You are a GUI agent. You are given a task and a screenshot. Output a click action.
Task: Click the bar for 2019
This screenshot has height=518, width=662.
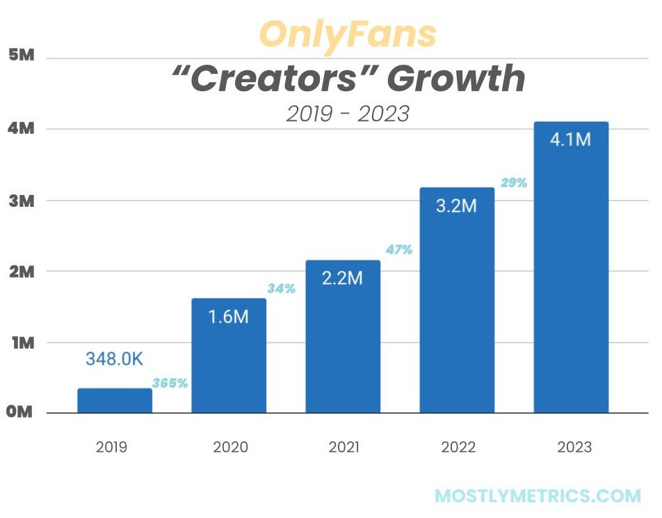(115, 400)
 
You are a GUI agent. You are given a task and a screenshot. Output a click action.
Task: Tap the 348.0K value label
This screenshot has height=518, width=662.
(115, 359)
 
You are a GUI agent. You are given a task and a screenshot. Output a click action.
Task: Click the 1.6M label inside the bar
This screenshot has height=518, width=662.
(229, 316)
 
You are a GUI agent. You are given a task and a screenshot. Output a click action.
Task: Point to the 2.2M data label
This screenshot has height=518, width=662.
(342, 278)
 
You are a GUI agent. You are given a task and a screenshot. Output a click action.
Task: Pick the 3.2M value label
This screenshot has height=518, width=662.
(457, 206)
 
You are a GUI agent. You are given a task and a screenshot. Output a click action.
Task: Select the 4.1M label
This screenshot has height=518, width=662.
(571, 139)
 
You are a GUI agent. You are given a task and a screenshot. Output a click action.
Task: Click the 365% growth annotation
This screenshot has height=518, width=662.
(170, 383)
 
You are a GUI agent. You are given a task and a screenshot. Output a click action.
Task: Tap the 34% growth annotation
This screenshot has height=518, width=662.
(282, 288)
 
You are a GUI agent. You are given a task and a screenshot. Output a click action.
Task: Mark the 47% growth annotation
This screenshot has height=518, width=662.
(399, 249)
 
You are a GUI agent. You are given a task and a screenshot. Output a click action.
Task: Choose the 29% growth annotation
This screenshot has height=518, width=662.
(514, 183)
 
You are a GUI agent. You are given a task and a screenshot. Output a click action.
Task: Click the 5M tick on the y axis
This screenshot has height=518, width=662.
(21, 56)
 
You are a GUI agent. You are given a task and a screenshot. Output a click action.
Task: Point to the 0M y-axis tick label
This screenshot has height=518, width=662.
(20, 412)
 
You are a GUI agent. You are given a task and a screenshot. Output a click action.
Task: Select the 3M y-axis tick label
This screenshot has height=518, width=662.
(21, 201)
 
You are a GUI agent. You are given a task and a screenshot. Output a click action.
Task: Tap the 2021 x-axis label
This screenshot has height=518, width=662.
(343, 447)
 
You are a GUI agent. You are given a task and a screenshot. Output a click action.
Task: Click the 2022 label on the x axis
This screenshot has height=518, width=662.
(458, 447)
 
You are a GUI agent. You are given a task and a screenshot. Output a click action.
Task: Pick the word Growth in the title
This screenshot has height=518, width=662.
(455, 79)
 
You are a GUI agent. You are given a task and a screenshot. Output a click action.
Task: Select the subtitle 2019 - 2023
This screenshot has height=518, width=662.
(348, 113)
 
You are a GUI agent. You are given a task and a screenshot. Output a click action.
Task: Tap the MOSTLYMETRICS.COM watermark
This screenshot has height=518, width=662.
(538, 496)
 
